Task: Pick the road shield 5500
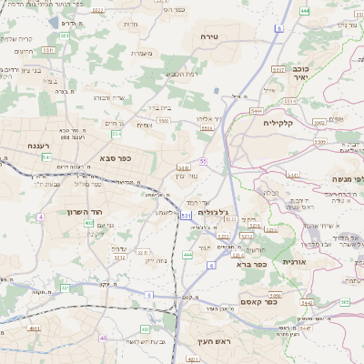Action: click(163, 120)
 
